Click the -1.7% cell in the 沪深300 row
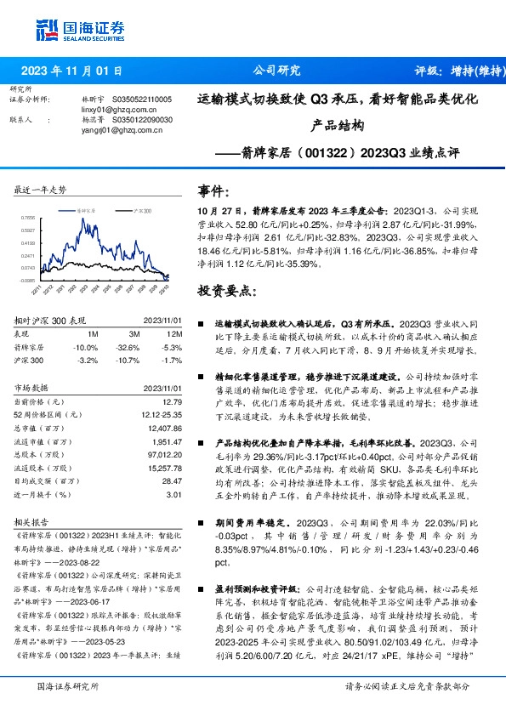[171, 360]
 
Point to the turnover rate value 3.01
[173, 493]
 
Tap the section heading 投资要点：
[226, 292]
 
